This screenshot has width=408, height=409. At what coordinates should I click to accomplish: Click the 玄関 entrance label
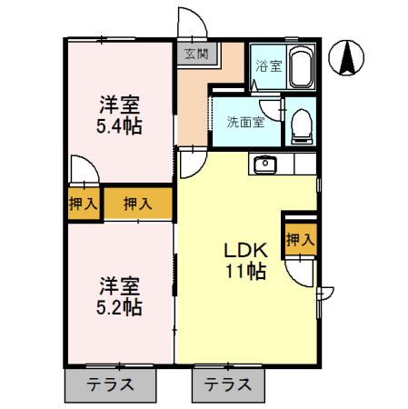(x=196, y=54)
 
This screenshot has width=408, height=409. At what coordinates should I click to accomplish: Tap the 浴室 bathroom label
(x=267, y=66)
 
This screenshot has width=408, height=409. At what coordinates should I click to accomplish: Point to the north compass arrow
(x=347, y=59)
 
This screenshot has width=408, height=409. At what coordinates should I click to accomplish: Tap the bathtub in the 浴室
(x=300, y=66)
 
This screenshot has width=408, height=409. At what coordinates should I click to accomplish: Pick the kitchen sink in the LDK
(x=266, y=165)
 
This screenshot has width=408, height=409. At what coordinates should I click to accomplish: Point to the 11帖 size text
(x=244, y=272)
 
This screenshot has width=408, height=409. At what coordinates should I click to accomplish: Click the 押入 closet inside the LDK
(x=300, y=240)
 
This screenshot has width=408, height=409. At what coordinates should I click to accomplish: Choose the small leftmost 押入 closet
(x=83, y=204)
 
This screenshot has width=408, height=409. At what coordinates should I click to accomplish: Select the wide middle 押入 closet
(x=138, y=204)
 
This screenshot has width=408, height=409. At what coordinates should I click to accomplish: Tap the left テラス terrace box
(x=111, y=384)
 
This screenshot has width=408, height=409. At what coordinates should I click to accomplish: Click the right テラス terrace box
(x=227, y=384)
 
